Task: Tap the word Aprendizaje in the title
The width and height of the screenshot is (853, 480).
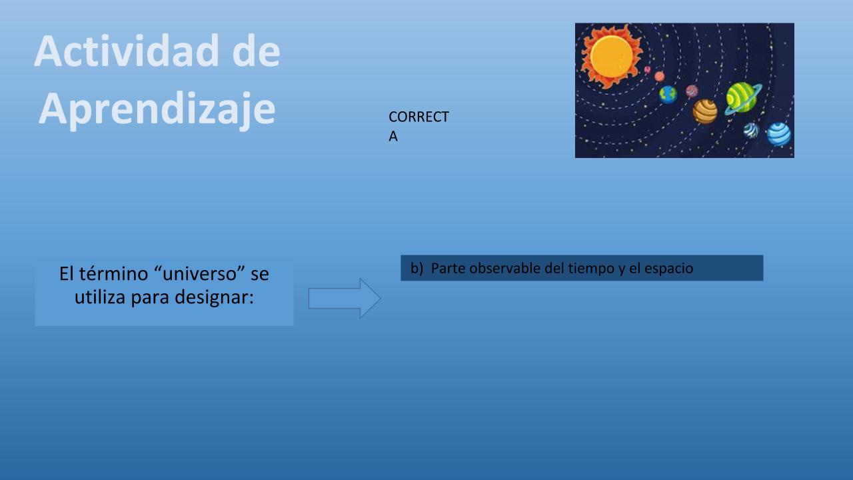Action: (x=157, y=110)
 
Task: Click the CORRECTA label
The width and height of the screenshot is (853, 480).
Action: (x=419, y=126)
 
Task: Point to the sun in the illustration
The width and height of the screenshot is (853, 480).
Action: (x=612, y=57)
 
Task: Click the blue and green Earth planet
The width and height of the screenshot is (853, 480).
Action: (x=668, y=95)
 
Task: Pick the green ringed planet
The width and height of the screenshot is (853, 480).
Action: (x=742, y=98)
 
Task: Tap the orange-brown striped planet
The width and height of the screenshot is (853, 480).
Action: (x=705, y=111)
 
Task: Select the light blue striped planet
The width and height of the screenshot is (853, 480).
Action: (x=778, y=134)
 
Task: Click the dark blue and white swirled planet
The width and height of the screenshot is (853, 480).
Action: (x=751, y=130)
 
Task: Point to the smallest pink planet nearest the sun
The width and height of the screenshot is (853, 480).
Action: (x=647, y=70)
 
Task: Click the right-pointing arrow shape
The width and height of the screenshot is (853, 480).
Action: (x=345, y=298)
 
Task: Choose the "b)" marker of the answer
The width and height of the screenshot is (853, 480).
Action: (x=417, y=268)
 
